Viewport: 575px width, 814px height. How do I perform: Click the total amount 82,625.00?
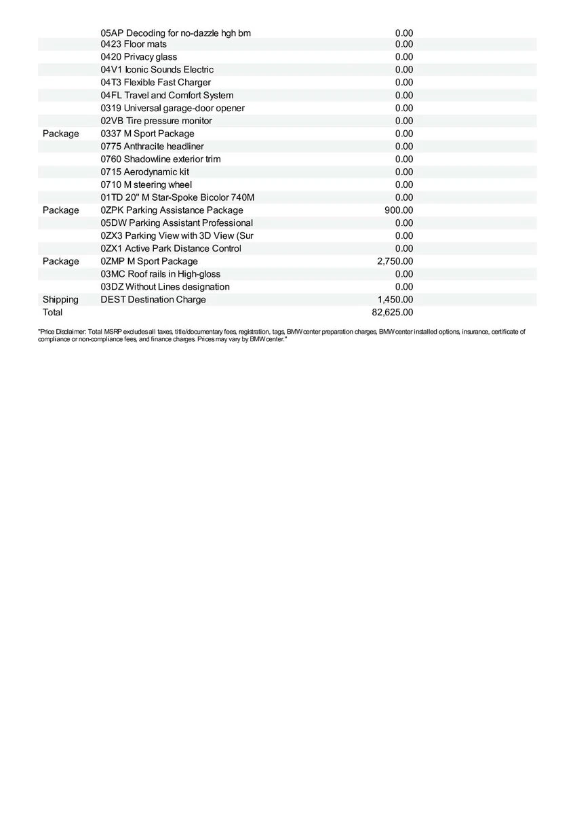pos(393,313)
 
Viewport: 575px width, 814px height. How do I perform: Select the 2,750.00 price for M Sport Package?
pos(395,261)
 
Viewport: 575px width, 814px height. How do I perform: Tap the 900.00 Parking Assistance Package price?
pos(399,210)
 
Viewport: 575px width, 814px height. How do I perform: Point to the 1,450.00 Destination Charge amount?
pos(395,300)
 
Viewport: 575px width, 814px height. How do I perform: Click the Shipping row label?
pos(60,300)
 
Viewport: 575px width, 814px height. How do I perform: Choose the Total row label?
pos(52,313)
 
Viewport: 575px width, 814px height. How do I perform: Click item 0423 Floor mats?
pos(134,44)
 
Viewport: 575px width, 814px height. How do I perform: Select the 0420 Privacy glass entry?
pos(138,57)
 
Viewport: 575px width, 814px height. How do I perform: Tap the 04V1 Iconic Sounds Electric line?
pos(157,70)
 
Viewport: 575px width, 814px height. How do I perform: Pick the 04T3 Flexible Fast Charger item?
pos(155,83)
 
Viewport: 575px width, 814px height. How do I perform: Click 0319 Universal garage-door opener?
pos(172,109)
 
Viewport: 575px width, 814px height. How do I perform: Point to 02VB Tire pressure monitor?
pos(156,121)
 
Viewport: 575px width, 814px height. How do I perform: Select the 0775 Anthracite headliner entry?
pos(152,147)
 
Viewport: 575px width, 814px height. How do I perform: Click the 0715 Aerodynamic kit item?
pos(144,172)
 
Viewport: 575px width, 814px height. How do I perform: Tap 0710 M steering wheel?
pos(146,185)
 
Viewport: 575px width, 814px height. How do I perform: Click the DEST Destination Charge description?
pos(153,300)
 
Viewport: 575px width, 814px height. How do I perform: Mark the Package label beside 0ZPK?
pos(60,210)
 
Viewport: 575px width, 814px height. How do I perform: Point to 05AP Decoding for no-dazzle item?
pos(176,33)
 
